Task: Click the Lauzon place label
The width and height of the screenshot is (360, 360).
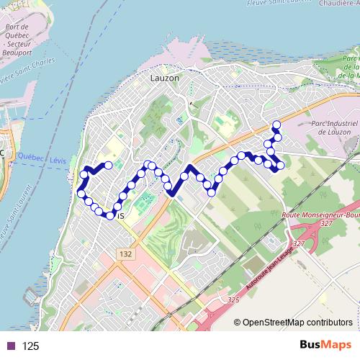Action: (x=164, y=78)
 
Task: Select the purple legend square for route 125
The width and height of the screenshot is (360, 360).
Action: (x=11, y=346)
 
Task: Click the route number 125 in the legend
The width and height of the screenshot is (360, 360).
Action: (x=31, y=346)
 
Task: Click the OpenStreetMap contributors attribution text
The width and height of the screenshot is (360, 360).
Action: (x=298, y=322)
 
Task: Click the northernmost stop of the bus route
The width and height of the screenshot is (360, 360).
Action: (x=276, y=125)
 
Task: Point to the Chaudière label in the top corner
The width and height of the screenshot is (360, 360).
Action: (x=338, y=4)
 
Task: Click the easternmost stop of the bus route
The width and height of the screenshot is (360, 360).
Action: (x=281, y=166)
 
